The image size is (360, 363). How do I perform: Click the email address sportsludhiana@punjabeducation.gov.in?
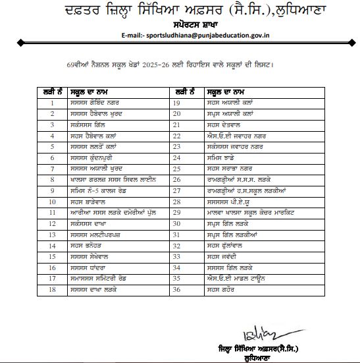208,32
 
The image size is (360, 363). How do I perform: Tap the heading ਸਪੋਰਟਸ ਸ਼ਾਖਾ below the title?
182,22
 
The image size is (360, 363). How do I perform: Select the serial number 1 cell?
51,103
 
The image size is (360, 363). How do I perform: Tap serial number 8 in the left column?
51,179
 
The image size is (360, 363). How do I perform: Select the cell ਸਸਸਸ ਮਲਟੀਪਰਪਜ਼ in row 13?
97,233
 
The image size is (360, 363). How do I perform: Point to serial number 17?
51,277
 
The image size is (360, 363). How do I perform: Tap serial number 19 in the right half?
176,103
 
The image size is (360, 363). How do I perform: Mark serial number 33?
176,256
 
